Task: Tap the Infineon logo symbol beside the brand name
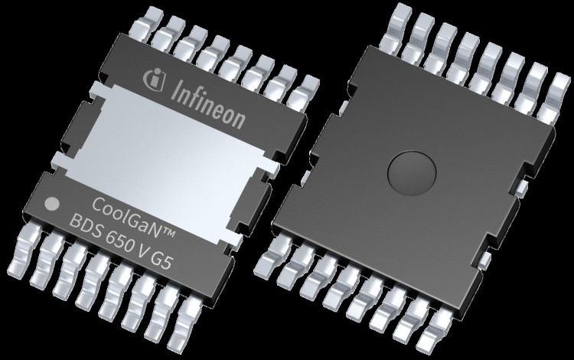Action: pos(154,79)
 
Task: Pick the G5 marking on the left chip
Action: pos(161,260)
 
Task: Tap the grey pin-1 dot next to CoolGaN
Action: pos(51,205)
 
